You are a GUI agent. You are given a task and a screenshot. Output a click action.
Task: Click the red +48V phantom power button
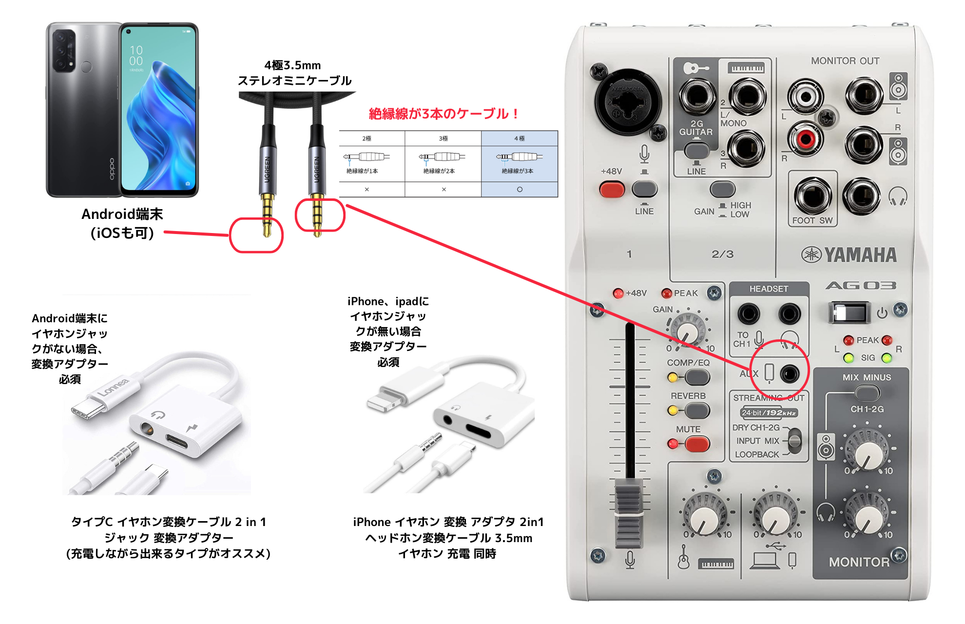click(612, 189)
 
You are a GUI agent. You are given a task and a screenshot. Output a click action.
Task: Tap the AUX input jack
click(789, 374)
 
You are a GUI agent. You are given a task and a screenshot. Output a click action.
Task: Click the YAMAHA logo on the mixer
click(849, 254)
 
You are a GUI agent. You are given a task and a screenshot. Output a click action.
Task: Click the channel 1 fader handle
click(629, 512)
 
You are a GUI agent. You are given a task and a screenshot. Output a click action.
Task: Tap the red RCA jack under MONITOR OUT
click(806, 139)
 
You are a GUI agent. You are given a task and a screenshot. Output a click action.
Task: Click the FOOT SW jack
click(812, 196)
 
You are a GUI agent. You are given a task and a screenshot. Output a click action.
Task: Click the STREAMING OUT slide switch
click(794, 441)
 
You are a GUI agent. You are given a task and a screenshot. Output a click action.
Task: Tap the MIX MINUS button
click(867, 392)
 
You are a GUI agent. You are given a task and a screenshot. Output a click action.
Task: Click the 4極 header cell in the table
click(520, 138)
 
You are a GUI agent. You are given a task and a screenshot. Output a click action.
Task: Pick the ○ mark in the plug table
click(520, 189)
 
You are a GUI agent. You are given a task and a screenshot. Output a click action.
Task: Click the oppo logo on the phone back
click(112, 169)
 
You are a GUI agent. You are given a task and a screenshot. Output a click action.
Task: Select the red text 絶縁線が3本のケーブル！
click(444, 114)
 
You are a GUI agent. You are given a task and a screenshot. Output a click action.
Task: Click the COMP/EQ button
click(697, 377)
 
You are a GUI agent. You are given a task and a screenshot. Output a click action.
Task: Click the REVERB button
click(697, 410)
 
